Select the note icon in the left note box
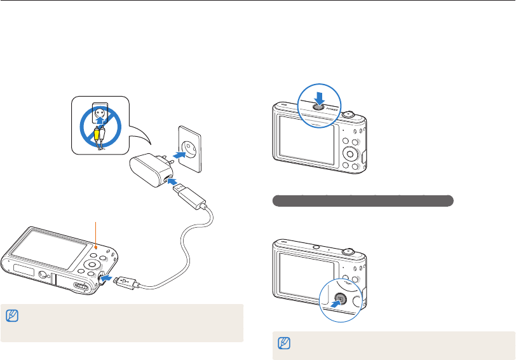11,315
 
